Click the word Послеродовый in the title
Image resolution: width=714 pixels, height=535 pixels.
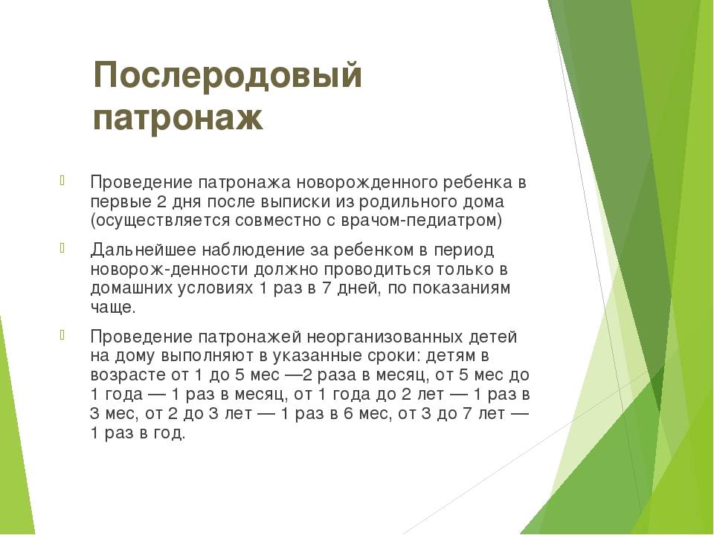[228, 75]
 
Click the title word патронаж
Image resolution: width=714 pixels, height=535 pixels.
[178, 117]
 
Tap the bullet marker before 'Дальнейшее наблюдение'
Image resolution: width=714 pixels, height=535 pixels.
[62, 248]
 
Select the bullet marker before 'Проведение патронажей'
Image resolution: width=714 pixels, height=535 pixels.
[62, 335]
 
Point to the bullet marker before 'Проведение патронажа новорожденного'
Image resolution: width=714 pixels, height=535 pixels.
[62, 180]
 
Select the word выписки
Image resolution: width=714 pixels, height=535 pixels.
[297, 201]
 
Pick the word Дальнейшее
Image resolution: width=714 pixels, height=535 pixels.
[144, 250]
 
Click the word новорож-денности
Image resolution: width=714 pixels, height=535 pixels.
[170, 269]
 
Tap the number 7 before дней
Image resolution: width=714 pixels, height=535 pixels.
[327, 288]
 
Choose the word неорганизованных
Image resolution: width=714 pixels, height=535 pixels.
[385, 337]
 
